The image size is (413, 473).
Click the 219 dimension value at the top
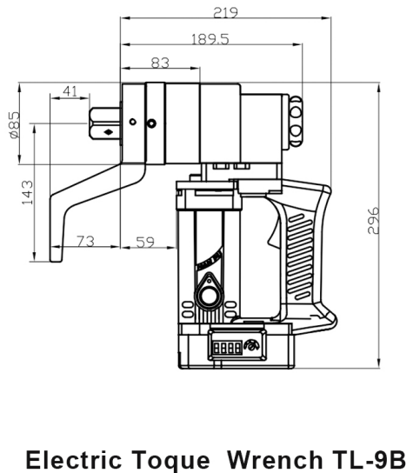(226, 12)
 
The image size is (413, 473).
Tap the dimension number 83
(159, 62)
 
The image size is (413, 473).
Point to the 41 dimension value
(71, 90)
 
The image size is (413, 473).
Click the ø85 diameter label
(14, 123)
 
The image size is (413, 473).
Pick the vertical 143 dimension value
(27, 191)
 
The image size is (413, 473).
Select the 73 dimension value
(86, 243)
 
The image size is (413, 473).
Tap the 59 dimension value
(144, 243)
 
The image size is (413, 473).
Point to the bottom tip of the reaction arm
(54, 259)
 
